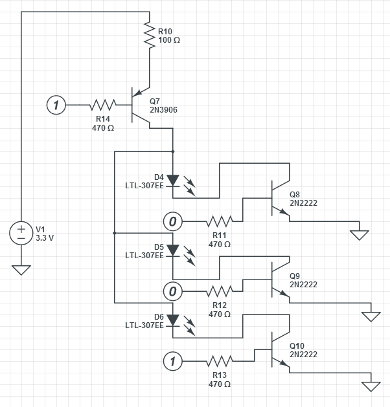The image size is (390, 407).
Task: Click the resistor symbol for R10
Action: [150, 35]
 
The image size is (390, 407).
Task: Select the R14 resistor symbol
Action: [103, 105]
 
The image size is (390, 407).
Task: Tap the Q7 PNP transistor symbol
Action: [140, 105]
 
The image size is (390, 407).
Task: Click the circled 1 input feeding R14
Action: [56, 105]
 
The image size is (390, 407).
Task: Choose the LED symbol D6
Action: [173, 320]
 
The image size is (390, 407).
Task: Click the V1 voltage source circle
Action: [21, 233]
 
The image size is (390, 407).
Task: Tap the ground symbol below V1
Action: [21, 269]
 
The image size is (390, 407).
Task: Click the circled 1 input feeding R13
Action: [172, 361]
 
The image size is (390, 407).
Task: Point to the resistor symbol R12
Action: [219, 291]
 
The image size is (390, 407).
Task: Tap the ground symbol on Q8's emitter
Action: [359, 234]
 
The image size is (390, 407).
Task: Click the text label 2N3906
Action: [163, 110]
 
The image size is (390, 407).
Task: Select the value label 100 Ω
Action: [169, 40]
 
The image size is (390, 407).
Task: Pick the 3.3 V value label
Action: [45, 237]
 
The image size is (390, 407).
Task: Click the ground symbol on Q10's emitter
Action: [371, 386]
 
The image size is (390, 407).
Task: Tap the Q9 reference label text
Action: [295, 275]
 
